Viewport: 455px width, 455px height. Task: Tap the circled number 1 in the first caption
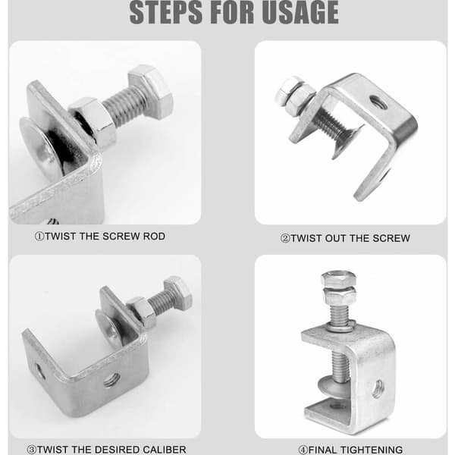[x=39, y=237]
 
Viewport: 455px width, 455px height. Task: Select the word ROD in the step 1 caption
[x=154, y=236]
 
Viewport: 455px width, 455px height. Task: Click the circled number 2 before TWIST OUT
[x=285, y=239]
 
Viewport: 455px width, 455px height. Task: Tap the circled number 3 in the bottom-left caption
[x=31, y=450]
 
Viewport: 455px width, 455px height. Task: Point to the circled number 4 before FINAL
[x=303, y=450]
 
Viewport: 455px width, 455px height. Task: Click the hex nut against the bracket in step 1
[x=93, y=122]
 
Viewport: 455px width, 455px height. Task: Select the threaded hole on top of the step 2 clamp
[x=378, y=102]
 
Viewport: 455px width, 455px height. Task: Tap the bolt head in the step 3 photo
[x=178, y=292]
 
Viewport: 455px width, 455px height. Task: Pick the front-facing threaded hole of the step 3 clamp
[x=112, y=380]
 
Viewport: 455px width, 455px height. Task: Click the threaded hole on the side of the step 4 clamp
[x=378, y=388]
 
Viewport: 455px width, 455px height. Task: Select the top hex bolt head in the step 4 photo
[x=339, y=278]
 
